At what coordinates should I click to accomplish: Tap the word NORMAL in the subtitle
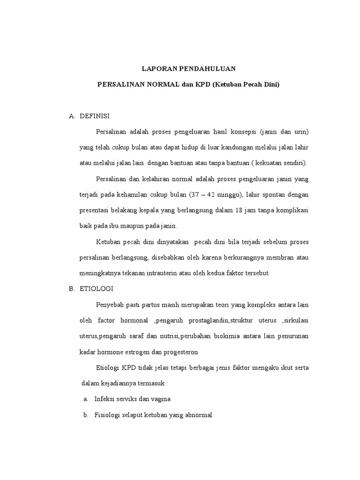point(158,85)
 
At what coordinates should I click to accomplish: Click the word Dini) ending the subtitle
point(270,85)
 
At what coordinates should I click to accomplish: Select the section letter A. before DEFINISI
point(72,116)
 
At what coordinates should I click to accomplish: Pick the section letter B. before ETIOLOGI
point(72,289)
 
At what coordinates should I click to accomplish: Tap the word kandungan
point(224,148)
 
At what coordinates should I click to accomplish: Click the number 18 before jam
point(246,210)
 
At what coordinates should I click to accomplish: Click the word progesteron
point(180,352)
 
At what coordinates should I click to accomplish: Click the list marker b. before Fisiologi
point(86,415)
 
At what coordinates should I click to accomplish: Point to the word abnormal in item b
point(199,415)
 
